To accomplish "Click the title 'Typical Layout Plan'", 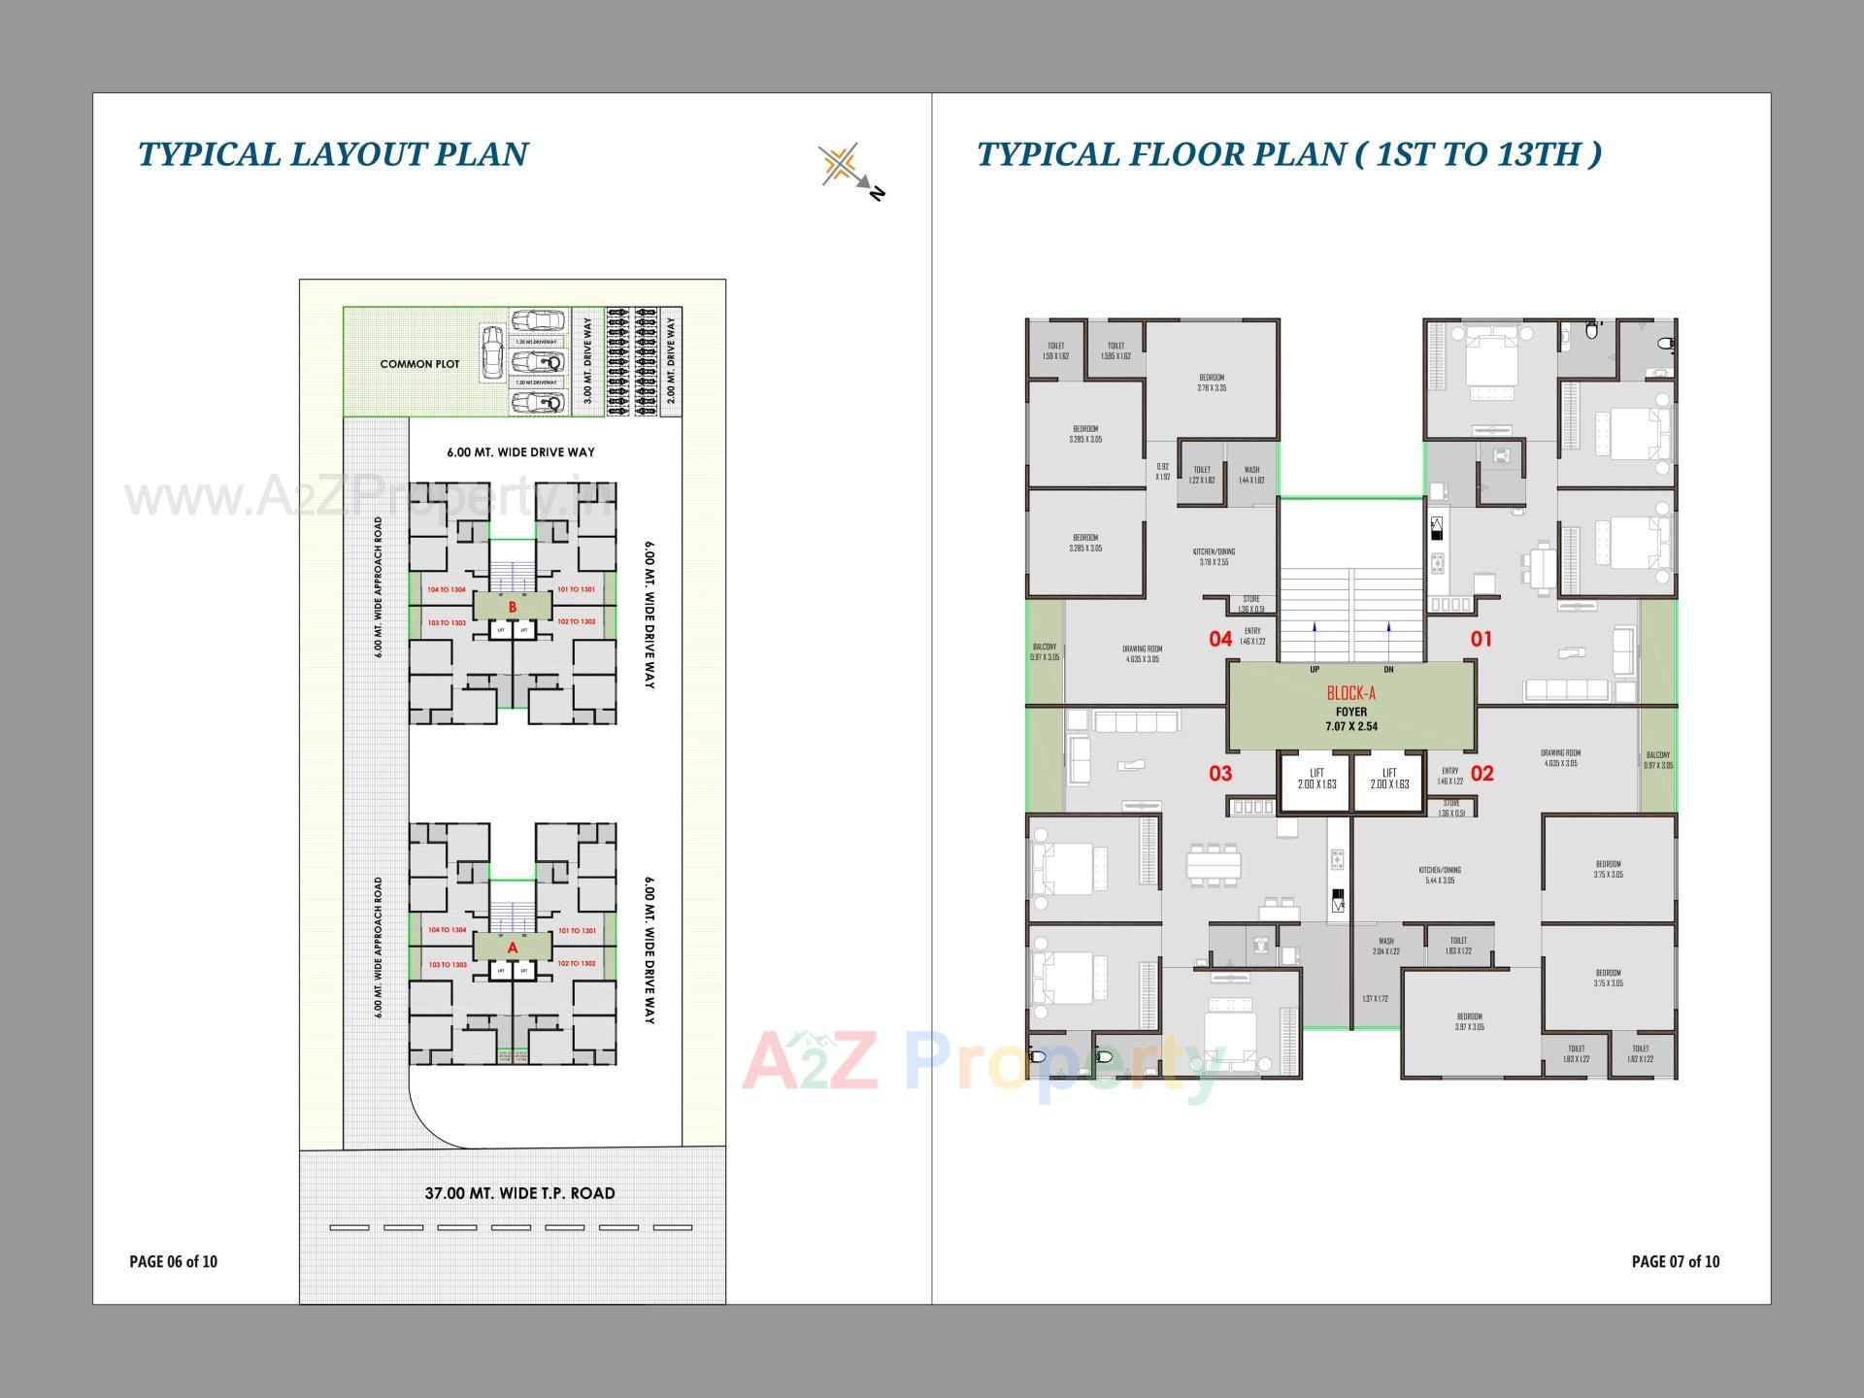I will coord(333,154).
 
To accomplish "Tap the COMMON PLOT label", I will coord(419,364).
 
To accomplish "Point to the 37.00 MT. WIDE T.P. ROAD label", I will coord(519,1193).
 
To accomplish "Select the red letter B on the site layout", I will coord(513,607).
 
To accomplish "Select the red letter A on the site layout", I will coord(513,948).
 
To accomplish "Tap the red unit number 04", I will coord(1220,639).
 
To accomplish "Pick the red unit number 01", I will coord(1481,639).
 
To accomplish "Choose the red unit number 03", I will coord(1220,774).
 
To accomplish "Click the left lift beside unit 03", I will coord(1316,780).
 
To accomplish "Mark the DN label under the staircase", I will coord(1388,670).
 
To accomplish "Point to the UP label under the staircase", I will coord(1315,670).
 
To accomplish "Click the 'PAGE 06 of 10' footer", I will coord(174,1261).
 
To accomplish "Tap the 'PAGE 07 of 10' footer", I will coord(1675,1261).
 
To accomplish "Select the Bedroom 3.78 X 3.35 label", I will coord(1212,383).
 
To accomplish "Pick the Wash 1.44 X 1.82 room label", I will coord(1251,475).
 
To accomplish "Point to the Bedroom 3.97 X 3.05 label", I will coord(1469,1021).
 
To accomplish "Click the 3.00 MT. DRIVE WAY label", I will coord(586,361).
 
